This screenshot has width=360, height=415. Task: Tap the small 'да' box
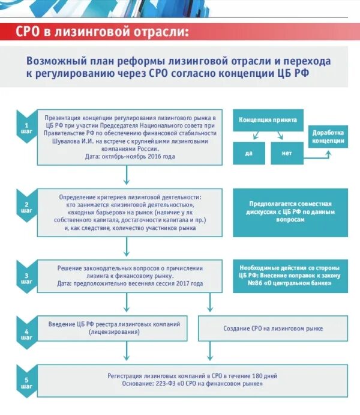click(x=249, y=153)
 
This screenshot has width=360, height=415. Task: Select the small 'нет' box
click(x=286, y=153)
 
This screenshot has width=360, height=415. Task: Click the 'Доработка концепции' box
click(x=328, y=136)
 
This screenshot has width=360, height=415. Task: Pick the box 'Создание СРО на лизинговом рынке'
click(x=273, y=329)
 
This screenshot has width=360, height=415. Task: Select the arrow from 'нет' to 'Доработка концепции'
click(x=317, y=154)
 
